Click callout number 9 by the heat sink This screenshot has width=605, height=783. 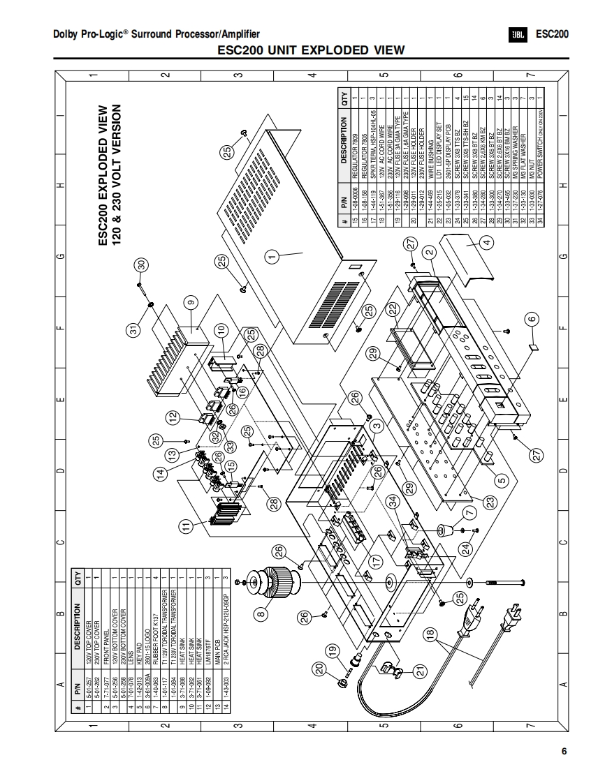[191, 303]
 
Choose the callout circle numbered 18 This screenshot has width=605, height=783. [431, 635]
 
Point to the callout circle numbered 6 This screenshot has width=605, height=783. [532, 318]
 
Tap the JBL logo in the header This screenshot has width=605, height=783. [518, 33]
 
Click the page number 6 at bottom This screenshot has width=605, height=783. [564, 752]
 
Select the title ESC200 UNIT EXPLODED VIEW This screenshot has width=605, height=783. [311, 50]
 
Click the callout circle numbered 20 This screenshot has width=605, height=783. [320, 669]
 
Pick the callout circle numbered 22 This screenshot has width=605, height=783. [393, 308]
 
